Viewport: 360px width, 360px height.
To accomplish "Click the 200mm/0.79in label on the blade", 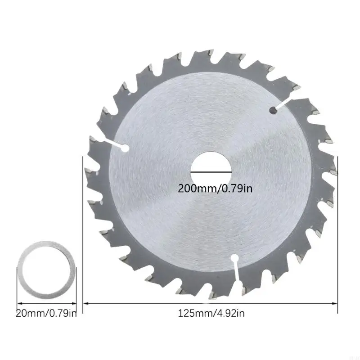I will point(215,188).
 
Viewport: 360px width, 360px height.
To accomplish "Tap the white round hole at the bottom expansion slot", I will point(234,258).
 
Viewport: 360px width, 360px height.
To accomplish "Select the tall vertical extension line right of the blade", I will point(337,234).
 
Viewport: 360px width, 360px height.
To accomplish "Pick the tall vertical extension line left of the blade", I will point(84,234).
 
